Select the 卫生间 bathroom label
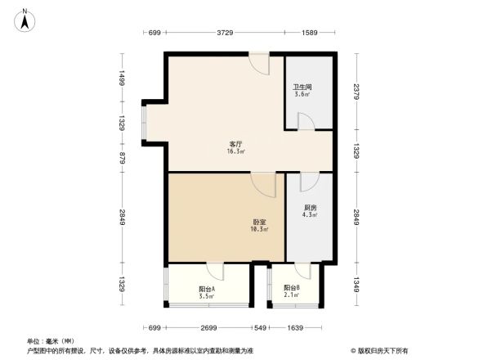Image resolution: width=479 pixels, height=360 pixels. (x=302, y=88)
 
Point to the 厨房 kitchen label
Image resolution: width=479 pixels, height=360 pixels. (x=310, y=208)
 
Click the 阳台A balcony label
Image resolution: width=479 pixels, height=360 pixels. (x=207, y=289)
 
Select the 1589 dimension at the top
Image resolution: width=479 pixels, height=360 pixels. (x=309, y=32)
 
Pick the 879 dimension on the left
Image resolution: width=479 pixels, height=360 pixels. (x=121, y=160)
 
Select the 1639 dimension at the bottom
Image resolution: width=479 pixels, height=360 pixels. (x=296, y=327)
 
